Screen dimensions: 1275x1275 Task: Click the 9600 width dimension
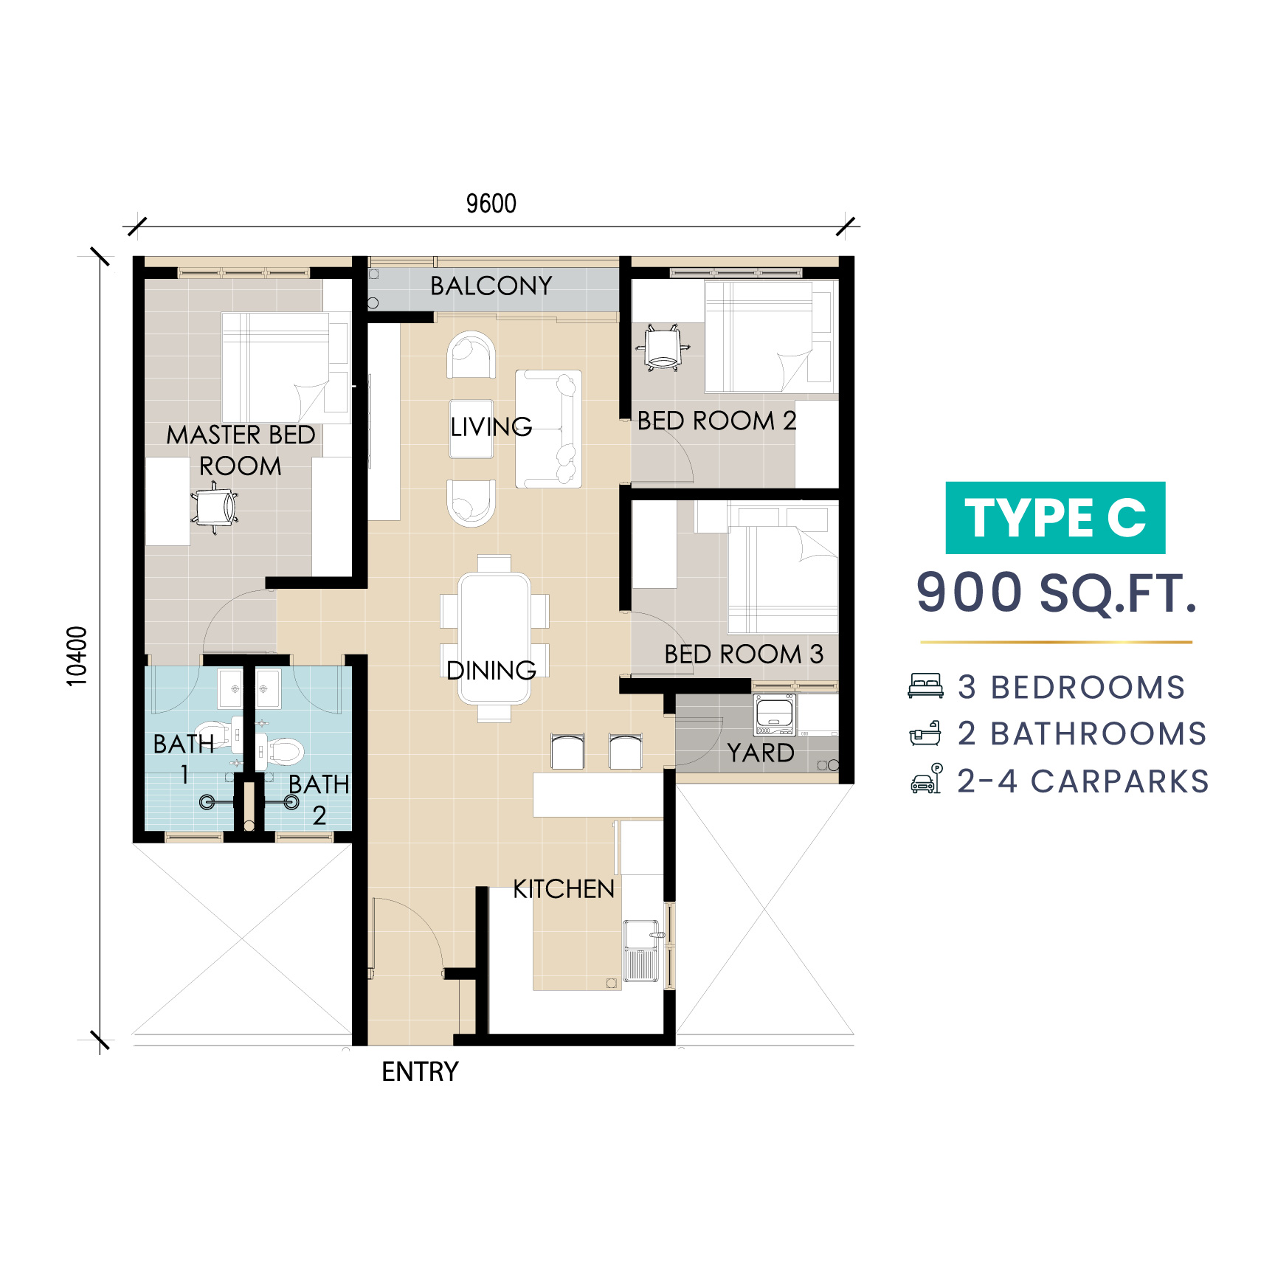tap(491, 204)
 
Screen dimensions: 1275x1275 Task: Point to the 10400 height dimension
tap(77, 656)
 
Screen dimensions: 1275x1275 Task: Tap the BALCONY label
tap(491, 286)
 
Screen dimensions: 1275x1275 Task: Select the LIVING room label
tap(491, 426)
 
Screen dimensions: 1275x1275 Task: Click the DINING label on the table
tap(491, 670)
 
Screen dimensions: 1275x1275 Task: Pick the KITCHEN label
tap(564, 889)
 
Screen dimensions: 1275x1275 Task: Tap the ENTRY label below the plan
tap(420, 1071)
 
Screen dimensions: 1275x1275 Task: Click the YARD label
tap(761, 753)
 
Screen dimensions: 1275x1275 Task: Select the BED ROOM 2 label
tap(716, 421)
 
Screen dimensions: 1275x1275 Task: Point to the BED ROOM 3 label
tap(744, 654)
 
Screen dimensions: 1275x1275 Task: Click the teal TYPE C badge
tap(1055, 518)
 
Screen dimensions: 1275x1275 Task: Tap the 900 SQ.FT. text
tap(1056, 592)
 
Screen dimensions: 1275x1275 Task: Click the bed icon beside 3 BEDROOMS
tap(925, 685)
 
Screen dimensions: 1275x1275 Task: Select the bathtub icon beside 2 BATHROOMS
tap(925, 733)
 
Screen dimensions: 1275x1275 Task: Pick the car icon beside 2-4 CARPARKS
tap(926, 779)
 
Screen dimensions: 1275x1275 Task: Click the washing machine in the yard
tap(775, 714)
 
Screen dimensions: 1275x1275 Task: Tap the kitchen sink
tap(641, 950)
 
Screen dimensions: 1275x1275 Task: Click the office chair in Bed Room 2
tap(663, 348)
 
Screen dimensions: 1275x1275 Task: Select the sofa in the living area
tap(548, 429)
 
